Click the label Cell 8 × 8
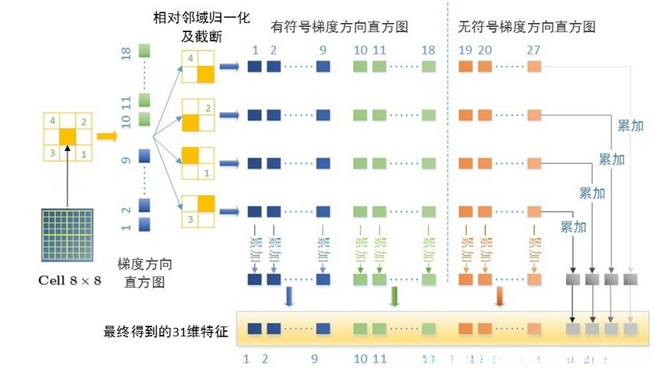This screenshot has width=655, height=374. [69, 280]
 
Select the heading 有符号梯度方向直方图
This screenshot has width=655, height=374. [339, 26]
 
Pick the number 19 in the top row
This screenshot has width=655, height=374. [464, 50]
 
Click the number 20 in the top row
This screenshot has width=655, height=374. [485, 50]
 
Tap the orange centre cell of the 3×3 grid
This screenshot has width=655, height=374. [68, 136]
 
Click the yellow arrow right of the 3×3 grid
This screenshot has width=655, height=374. [106, 136]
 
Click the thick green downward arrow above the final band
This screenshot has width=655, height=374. [394, 297]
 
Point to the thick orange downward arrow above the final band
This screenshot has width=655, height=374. [499, 297]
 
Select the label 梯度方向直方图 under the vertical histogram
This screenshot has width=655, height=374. [144, 272]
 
